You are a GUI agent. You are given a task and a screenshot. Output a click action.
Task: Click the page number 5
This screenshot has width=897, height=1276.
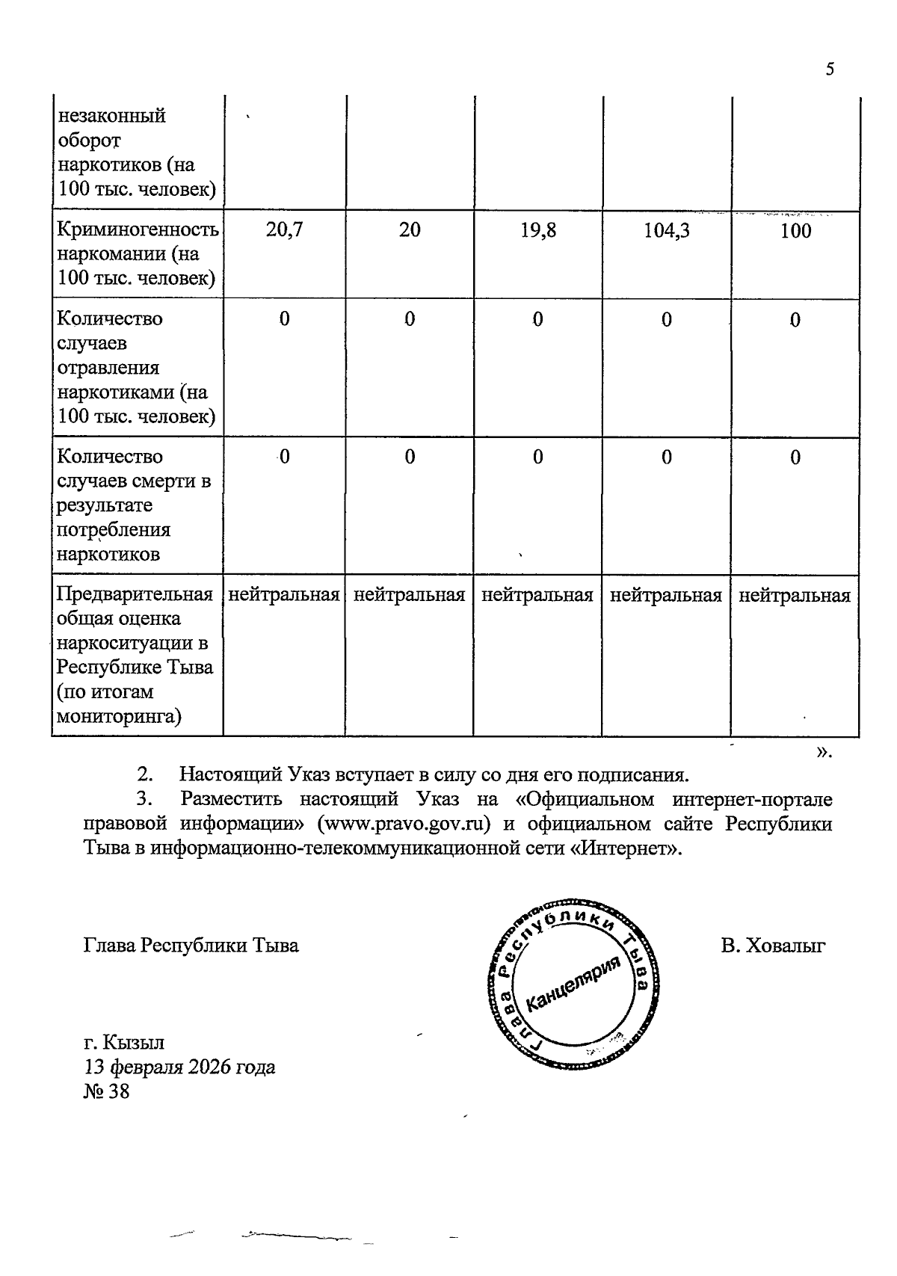829,70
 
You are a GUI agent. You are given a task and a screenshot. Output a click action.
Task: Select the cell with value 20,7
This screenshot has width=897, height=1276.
284,230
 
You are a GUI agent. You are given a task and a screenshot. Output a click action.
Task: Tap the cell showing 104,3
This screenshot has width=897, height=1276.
667,230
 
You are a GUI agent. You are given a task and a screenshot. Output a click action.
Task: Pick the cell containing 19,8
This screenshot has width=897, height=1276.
538,230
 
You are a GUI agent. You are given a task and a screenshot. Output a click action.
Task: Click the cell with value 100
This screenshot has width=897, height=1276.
795,230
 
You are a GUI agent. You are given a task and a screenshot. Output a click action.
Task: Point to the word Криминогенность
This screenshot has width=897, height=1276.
138,229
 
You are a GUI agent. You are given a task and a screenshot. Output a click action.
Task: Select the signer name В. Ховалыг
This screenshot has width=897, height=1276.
773,946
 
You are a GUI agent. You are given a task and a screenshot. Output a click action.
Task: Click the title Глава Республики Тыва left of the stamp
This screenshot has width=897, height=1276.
191,946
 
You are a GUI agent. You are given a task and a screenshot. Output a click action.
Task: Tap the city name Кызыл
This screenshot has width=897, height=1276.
135,1042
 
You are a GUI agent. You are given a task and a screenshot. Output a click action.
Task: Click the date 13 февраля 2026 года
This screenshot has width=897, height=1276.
179,1067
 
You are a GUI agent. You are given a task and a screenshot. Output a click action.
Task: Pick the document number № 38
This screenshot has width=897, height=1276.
106,1091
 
